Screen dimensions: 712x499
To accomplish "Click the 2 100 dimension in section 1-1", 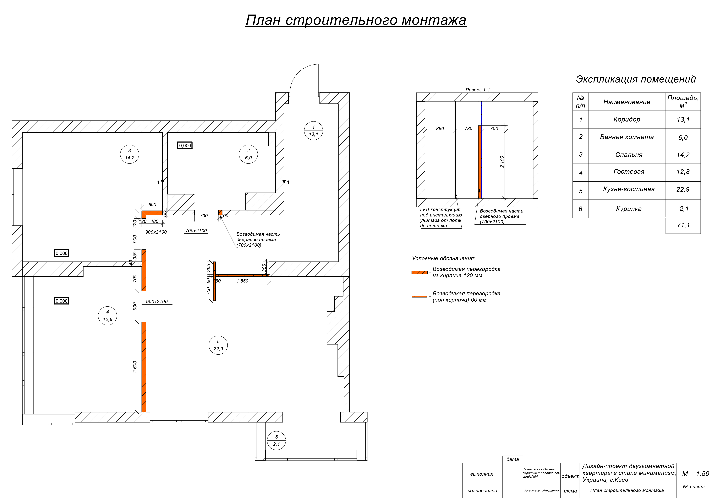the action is (502, 162).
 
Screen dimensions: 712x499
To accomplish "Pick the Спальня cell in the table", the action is (629, 155).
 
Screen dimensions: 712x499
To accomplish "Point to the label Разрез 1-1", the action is (478, 90).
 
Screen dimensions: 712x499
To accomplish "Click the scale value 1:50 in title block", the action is (703, 474).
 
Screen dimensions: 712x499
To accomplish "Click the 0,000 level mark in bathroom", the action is (185, 145).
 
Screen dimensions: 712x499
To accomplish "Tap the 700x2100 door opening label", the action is (196, 231).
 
